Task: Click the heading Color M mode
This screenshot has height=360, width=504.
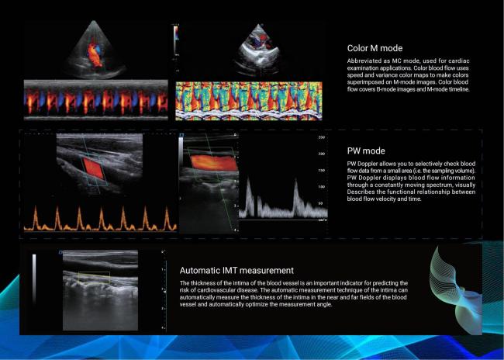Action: pyautogui.click(x=375, y=48)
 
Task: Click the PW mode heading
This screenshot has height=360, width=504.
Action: pyautogui.click(x=366, y=151)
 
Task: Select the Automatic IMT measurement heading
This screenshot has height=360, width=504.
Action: pyautogui.click(x=236, y=270)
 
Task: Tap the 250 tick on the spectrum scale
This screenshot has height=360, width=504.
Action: pyautogui.click(x=322, y=137)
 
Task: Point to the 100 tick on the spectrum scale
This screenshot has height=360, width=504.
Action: pyautogui.click(x=322, y=187)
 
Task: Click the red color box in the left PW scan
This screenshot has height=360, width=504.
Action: pyautogui.click(x=93, y=168)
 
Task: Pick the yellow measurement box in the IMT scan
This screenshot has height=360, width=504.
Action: pyautogui.click(x=94, y=278)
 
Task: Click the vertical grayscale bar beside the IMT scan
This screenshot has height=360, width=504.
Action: pyautogui.click(x=34, y=279)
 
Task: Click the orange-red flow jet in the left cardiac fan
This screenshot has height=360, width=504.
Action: pyautogui.click(x=94, y=54)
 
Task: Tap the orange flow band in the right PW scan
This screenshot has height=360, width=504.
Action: pyautogui.click(x=213, y=163)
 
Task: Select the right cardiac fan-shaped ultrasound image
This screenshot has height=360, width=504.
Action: pyautogui.click(x=257, y=50)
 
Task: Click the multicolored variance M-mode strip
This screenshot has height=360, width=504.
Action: pyautogui.click(x=249, y=101)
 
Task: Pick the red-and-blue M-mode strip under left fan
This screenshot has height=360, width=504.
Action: pyautogui.click(x=96, y=100)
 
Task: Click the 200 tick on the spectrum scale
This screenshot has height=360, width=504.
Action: pyautogui.click(x=322, y=154)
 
